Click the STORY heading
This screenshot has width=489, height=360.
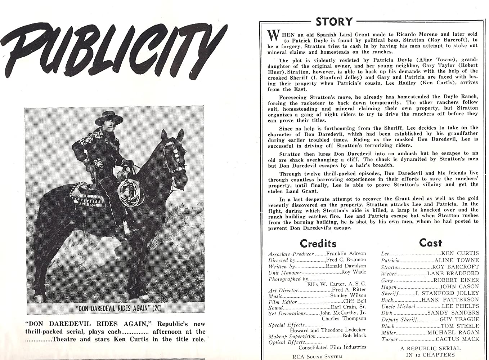click(334, 22)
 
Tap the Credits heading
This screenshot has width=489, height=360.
click(318, 243)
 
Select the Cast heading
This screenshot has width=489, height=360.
click(430, 243)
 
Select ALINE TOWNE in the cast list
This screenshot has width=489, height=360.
click(457, 260)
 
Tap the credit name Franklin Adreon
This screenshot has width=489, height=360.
click(345, 253)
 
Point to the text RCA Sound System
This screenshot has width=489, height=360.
click(317, 356)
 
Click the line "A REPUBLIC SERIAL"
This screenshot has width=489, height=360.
click(430, 348)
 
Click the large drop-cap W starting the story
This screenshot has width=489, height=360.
click(273, 35)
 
